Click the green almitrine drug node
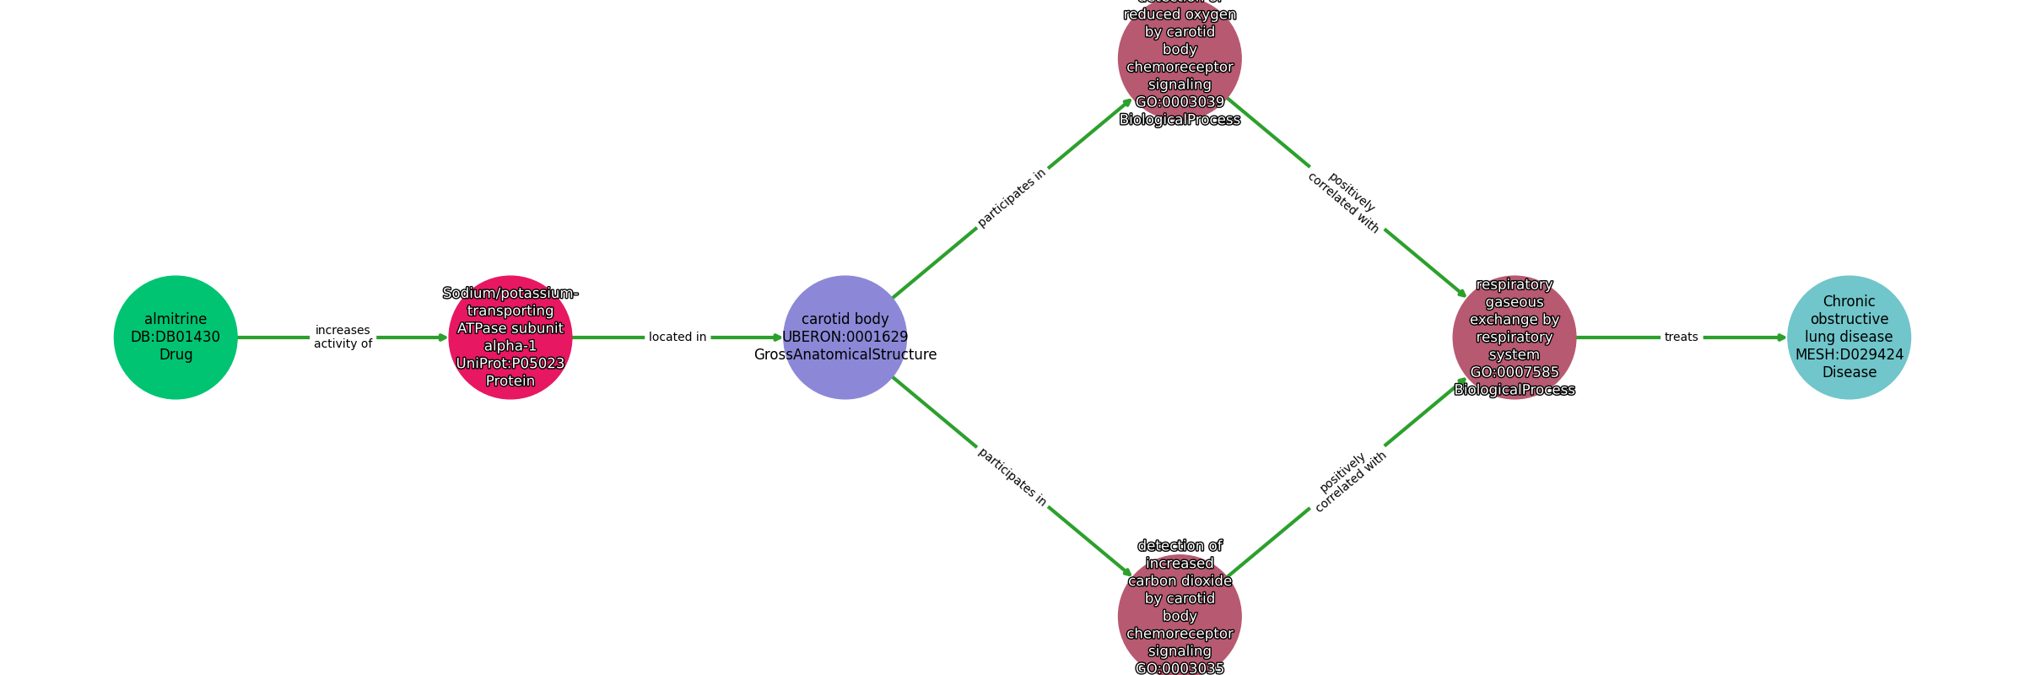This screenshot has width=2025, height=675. coord(175,337)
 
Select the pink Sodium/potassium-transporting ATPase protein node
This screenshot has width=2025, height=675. coord(510,337)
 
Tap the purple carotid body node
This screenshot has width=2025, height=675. coord(845,337)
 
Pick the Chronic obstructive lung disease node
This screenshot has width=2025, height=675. coord(1849,337)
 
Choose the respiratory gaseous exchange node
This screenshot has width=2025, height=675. coord(1514,337)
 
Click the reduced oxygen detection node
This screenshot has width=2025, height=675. coord(1180,59)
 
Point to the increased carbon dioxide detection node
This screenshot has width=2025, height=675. coord(1180,615)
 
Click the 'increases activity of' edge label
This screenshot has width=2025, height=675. coord(343,337)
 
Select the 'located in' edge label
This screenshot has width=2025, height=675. coord(678,337)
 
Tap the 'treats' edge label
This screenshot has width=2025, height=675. coord(1681,337)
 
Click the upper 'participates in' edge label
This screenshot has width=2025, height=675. coord(1012,198)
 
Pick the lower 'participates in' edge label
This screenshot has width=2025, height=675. coord(1012,477)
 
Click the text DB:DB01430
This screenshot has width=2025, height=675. coord(175,337)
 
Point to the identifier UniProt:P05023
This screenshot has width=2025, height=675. coord(510,364)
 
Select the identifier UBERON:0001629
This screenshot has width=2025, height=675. coord(845,337)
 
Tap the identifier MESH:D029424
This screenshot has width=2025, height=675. coord(1849,354)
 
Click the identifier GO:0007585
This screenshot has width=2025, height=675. coord(1514,372)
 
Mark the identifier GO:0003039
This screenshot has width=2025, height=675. coord(1180,102)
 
